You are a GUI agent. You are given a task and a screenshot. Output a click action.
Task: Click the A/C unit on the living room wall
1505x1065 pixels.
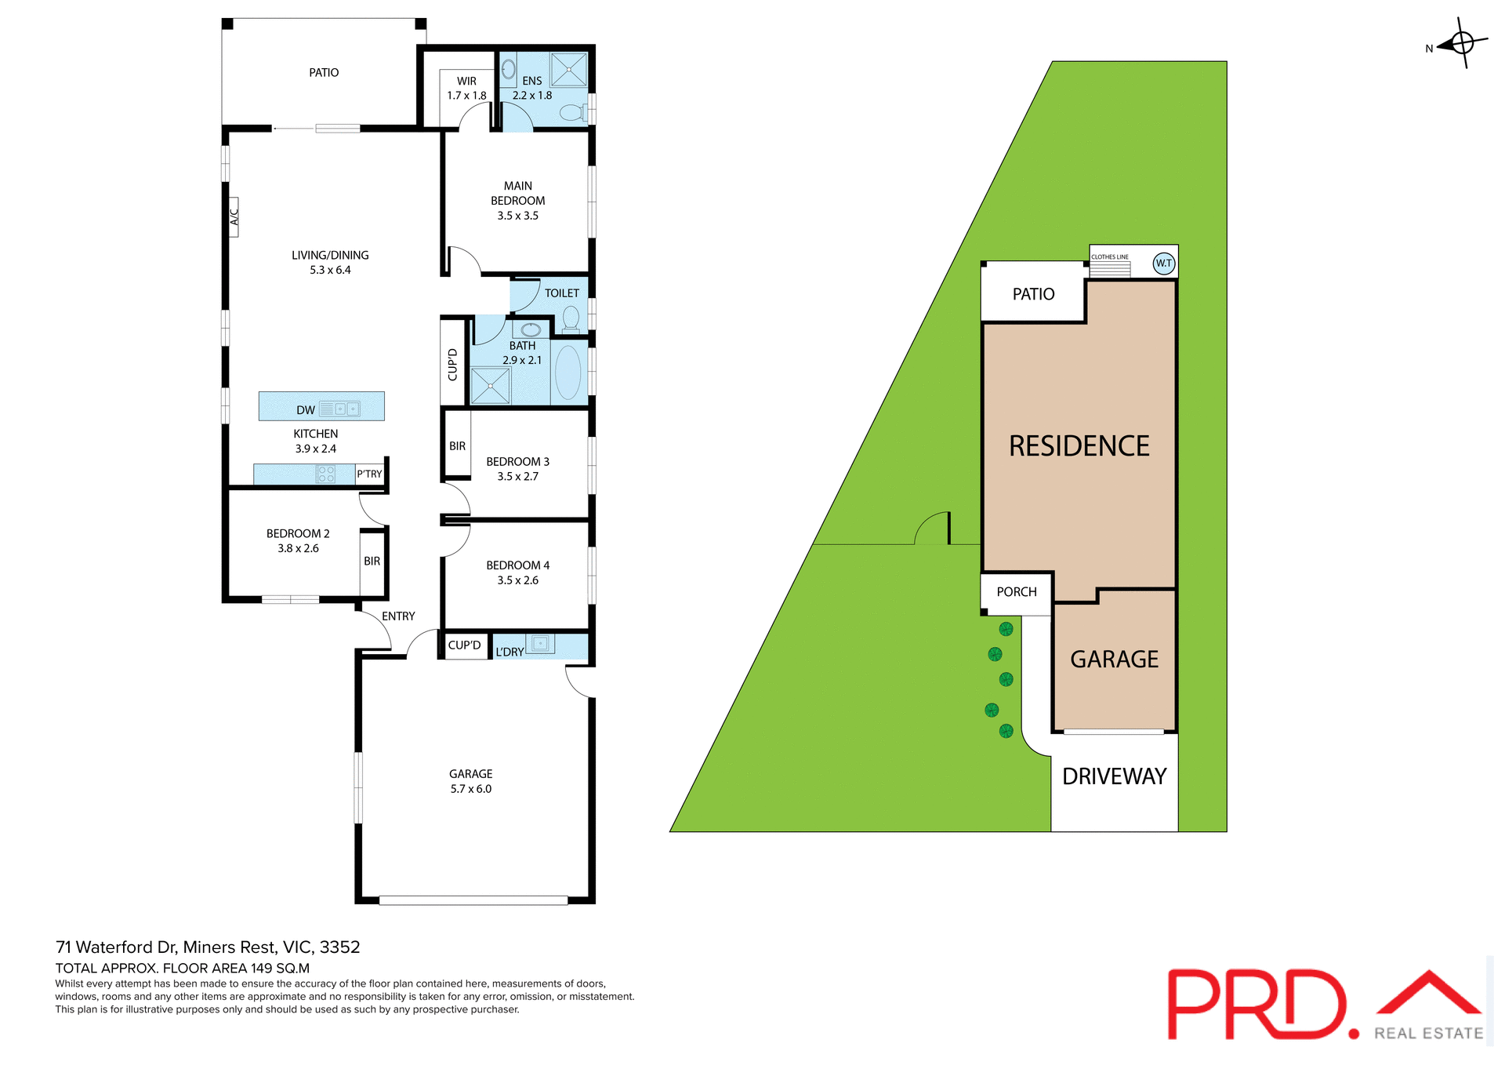(234, 216)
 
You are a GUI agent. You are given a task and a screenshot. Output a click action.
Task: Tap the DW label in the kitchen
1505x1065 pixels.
(306, 410)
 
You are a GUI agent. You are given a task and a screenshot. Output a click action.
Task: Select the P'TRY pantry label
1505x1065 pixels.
(369, 474)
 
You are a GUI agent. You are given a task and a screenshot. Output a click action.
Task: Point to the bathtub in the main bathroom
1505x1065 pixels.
(568, 373)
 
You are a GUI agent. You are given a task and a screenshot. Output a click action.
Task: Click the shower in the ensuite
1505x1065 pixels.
(568, 69)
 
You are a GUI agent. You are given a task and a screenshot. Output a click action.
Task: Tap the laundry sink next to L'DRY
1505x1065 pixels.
(540, 644)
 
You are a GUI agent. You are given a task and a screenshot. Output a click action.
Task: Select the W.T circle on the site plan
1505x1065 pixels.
(1163, 264)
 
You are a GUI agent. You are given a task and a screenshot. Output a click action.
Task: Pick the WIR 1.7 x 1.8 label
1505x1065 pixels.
(466, 88)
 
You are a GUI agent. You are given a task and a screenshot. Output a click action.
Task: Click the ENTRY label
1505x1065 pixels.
(398, 616)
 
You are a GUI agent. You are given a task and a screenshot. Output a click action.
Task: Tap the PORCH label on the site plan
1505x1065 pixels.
(1017, 592)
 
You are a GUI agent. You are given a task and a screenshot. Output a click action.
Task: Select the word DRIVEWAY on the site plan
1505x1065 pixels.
(1114, 776)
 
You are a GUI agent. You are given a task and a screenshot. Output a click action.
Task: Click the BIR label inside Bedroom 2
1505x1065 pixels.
(372, 562)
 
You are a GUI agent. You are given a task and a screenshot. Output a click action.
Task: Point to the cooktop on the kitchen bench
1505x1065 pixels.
(326, 474)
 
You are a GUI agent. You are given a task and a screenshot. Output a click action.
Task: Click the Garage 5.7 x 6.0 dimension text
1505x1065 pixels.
(470, 789)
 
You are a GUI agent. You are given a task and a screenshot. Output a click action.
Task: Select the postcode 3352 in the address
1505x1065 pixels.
(339, 947)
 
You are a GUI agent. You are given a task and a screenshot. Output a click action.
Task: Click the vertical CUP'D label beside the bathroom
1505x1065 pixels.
(452, 365)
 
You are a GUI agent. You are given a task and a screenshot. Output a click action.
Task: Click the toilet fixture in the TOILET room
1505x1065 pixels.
(571, 319)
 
